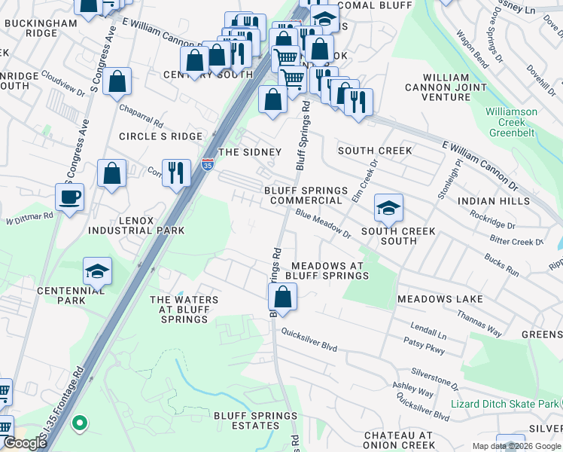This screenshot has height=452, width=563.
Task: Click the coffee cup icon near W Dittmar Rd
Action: point(69,198)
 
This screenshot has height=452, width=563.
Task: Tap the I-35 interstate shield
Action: point(207,165)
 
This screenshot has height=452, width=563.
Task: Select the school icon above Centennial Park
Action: point(98,271)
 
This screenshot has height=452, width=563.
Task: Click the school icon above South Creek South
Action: point(388,207)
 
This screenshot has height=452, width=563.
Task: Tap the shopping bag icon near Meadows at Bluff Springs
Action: point(282,298)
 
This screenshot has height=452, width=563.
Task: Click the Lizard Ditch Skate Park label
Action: point(504,404)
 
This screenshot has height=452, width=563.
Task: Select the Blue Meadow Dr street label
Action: point(323,224)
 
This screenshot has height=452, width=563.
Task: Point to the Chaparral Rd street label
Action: point(141,115)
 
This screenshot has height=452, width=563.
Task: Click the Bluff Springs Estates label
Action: point(247,420)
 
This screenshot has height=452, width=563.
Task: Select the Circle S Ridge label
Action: point(160,136)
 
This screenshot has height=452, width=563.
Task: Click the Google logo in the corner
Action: point(24,443)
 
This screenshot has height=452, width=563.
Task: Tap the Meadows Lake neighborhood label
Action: point(440,299)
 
